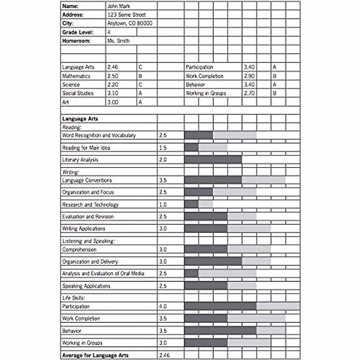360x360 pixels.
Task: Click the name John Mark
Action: pos(119,6)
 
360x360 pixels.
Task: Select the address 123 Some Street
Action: pos(127,14)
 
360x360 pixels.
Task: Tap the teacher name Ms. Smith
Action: pos(118,41)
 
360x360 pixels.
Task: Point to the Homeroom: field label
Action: pos(76,41)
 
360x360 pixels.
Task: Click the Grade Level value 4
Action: pos(109,32)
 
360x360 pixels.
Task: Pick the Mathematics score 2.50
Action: pos(113,76)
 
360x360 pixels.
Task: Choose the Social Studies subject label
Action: pos(78,93)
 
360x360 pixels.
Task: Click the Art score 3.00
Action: pos(113,102)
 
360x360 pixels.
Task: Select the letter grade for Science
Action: pos(140,85)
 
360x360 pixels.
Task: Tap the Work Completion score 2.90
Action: pos(249,76)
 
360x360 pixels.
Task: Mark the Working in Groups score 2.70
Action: pos(249,93)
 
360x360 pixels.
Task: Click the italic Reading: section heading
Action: pos(72,127)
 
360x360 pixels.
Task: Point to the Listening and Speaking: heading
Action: pos(88,241)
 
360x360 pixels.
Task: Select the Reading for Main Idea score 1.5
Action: pos(163,148)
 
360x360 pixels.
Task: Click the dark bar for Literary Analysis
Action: pos(213,159)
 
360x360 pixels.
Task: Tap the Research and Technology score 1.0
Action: pos(163,205)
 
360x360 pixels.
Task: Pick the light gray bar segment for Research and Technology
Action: pos(206,204)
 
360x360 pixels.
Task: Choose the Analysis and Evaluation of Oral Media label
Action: pos(103,274)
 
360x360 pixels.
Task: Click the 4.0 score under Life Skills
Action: pos(163,306)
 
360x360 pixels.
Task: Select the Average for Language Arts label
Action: pos(95,355)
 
